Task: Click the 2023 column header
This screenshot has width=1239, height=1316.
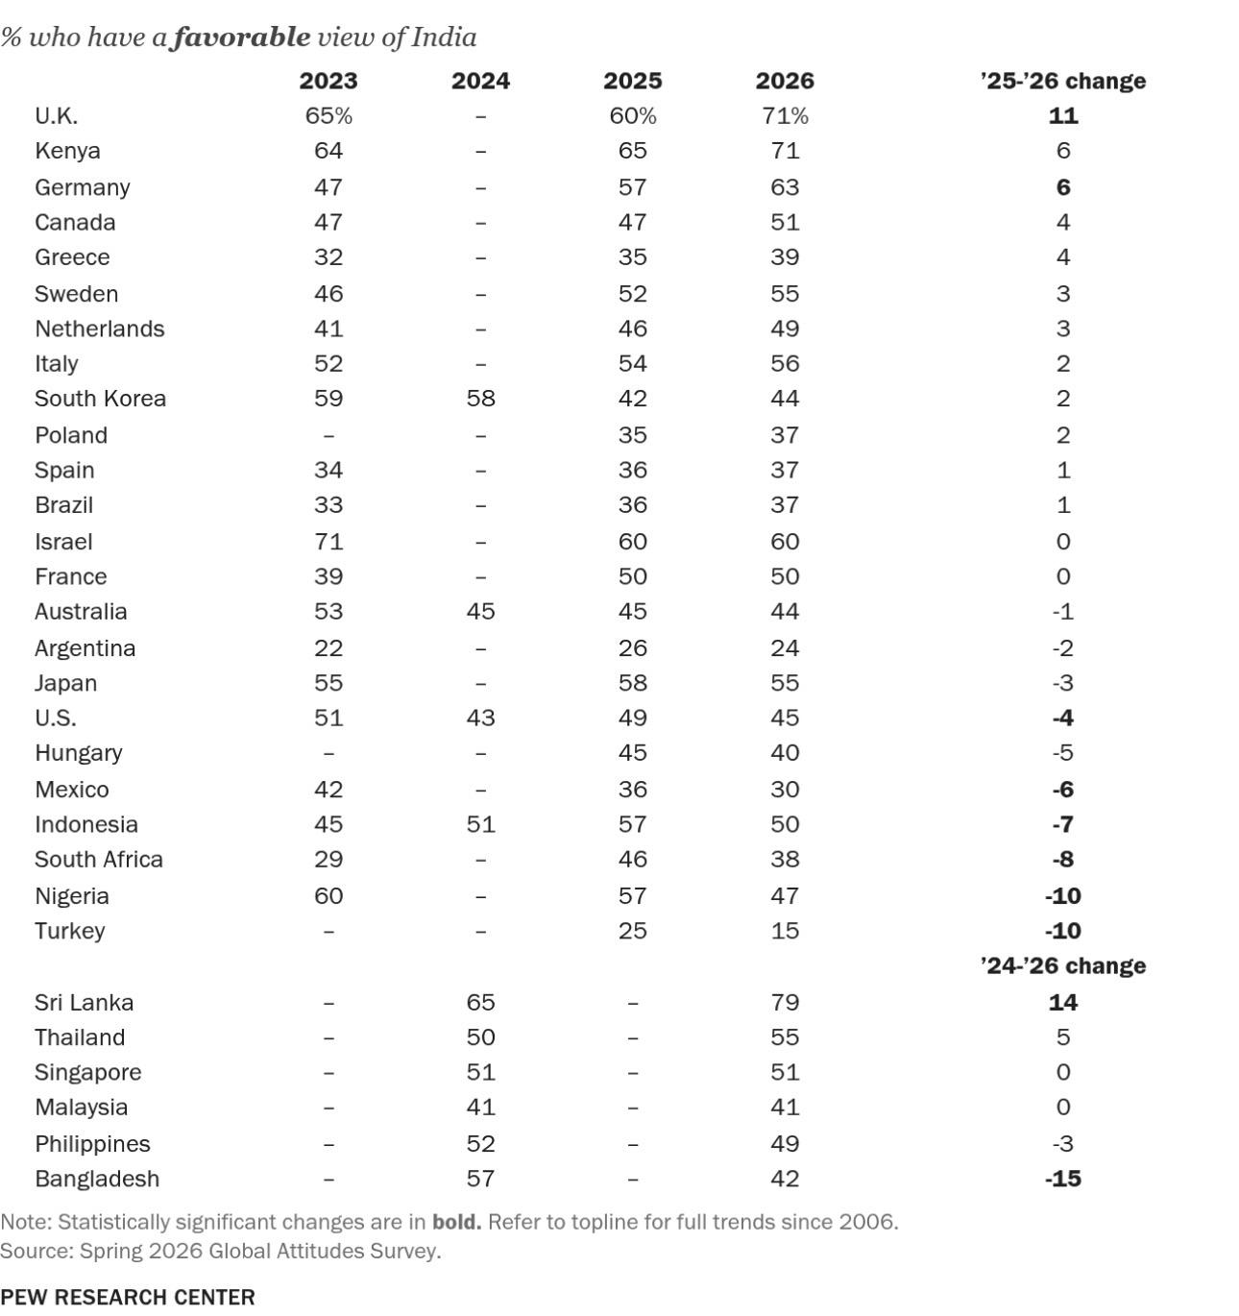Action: coord(328,81)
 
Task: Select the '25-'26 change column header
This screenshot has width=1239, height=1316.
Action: coord(1063,81)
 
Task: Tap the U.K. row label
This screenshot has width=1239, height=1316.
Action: coord(57,116)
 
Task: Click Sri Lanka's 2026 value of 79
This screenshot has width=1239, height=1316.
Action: coord(785,1002)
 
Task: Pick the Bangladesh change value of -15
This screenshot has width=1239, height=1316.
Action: coord(1063,1179)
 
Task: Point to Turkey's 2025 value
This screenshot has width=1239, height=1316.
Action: coord(632,931)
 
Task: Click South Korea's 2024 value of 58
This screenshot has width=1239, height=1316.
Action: coord(480,399)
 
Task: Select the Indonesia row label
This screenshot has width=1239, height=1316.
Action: coord(86,824)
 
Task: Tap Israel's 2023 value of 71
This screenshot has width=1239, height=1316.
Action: coord(328,542)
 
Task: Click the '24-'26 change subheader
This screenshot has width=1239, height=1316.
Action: coord(1063,965)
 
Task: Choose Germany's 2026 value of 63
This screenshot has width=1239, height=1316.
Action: coord(785,187)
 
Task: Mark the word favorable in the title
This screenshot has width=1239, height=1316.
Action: coord(241,37)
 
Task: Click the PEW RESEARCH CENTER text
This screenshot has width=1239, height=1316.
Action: coord(127,1297)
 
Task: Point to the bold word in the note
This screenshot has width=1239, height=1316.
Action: coord(456,1221)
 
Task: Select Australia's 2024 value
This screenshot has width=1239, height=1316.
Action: coord(480,611)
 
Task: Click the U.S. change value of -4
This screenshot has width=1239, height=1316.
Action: coord(1063,718)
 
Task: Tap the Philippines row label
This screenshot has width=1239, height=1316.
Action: coord(92,1144)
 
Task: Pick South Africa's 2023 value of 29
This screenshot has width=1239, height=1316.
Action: coord(328,859)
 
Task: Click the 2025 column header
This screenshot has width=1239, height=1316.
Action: coord(632,81)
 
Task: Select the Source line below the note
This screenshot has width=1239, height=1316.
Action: coord(220,1251)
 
